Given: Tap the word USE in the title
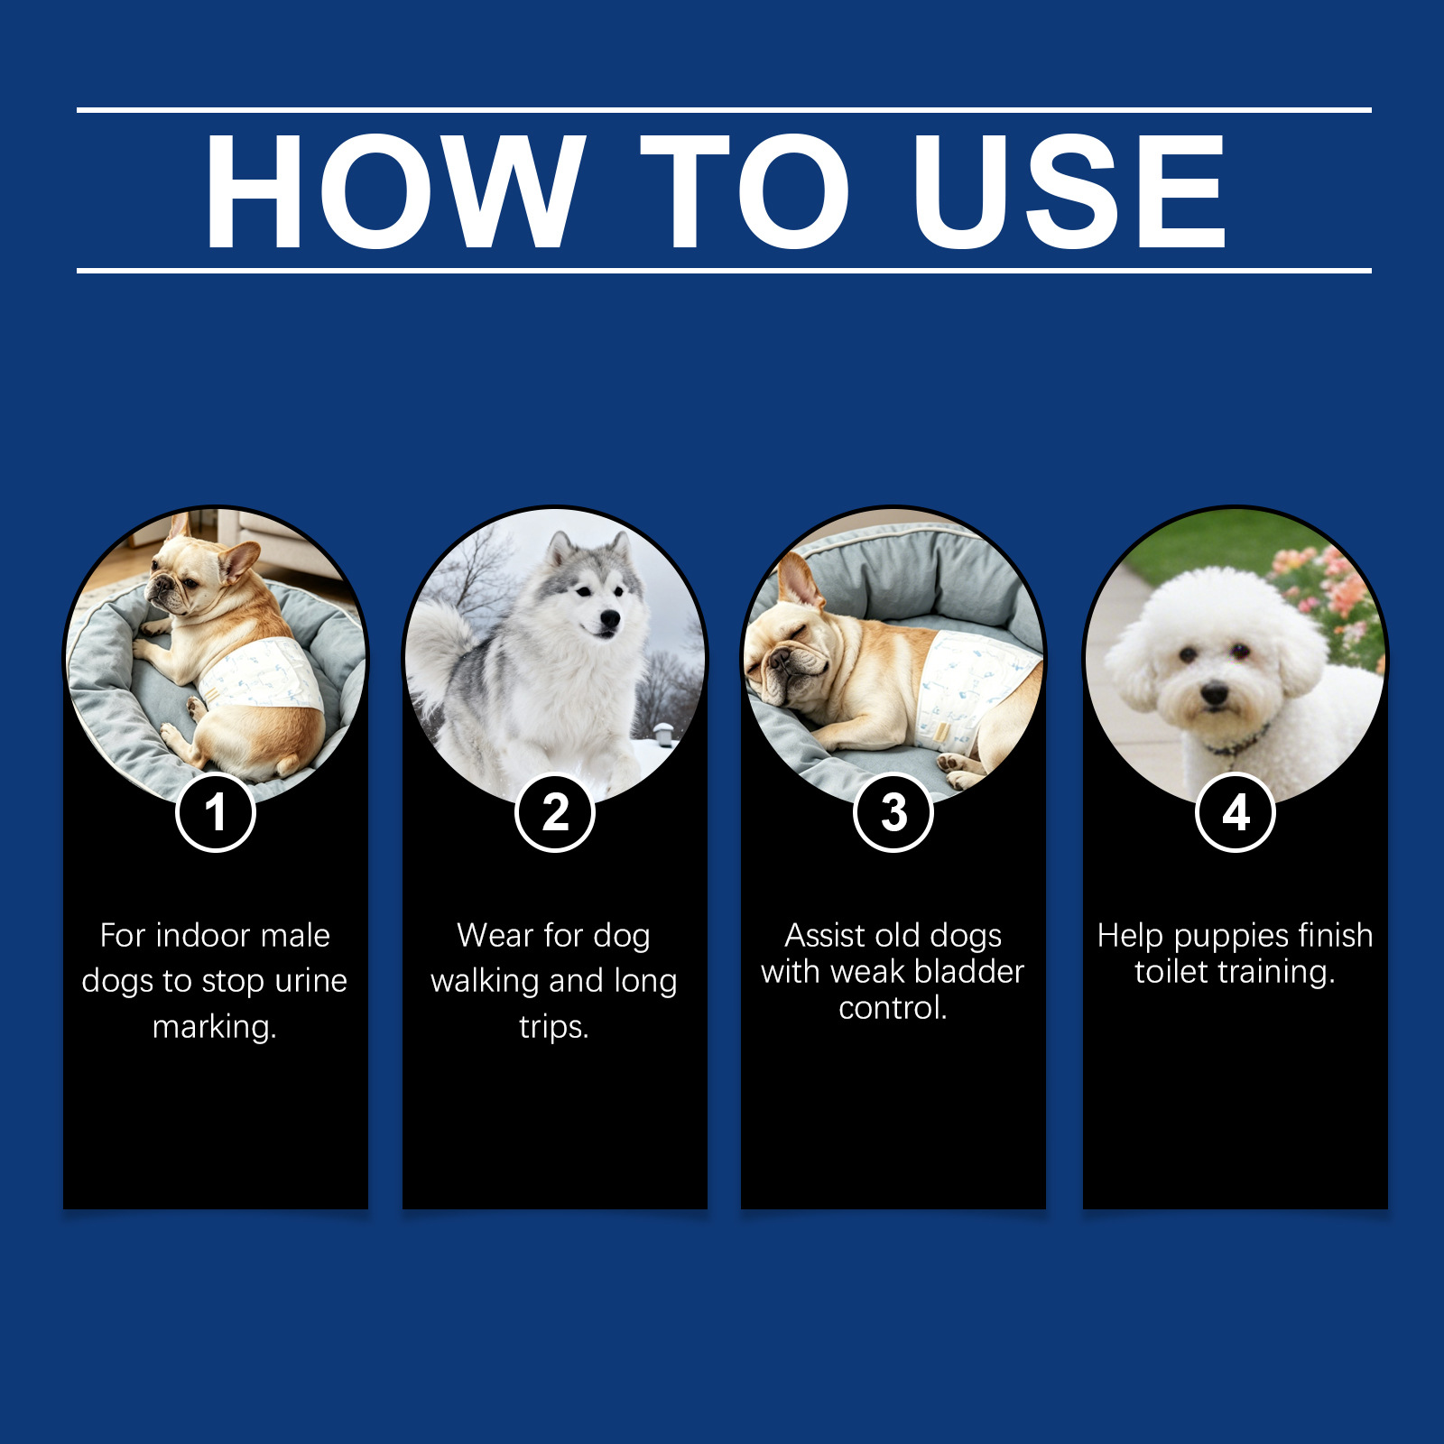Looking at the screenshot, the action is [1069, 190].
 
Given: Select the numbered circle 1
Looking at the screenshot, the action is [215, 812].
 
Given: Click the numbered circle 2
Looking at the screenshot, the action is [555, 812].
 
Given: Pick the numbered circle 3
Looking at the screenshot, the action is [893, 812].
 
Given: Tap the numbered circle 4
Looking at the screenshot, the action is [1236, 812].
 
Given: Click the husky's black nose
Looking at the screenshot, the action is [611, 618].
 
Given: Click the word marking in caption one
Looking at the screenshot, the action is [215, 1027].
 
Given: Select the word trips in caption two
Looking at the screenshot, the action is [554, 1027].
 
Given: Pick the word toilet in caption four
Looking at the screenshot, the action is [1171, 972].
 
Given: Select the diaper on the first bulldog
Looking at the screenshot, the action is [262, 681].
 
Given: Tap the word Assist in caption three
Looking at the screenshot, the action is [825, 936].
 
